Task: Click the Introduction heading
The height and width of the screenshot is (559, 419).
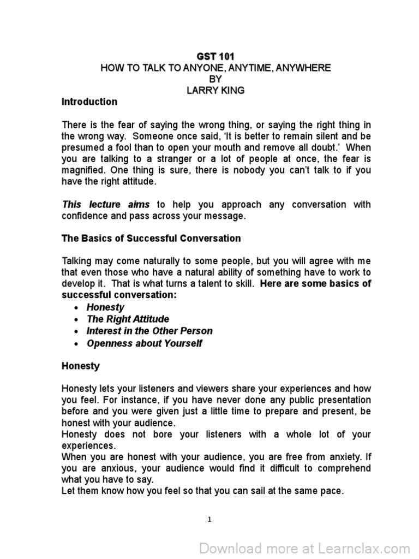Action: click(x=89, y=102)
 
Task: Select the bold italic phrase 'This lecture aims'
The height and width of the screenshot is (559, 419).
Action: click(x=106, y=205)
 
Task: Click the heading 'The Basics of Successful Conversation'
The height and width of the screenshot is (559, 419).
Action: click(x=151, y=239)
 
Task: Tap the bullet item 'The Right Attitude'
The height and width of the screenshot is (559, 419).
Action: click(x=128, y=319)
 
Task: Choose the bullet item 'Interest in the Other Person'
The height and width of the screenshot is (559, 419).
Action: click(x=149, y=331)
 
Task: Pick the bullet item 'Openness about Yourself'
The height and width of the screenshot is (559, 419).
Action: click(x=144, y=343)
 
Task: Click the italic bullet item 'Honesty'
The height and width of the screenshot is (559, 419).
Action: click(x=105, y=307)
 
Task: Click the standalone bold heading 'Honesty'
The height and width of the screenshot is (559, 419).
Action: click(x=81, y=366)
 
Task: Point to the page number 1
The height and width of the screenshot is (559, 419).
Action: click(x=209, y=519)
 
